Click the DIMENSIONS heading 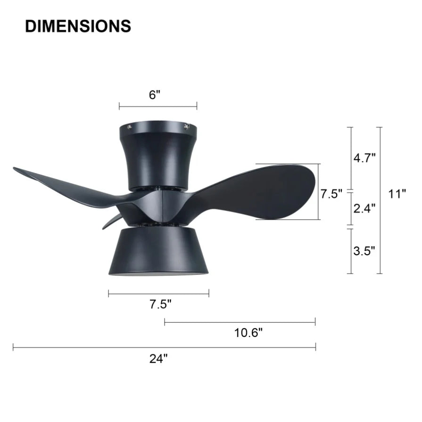(x=78, y=26)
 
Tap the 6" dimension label (x=155, y=95)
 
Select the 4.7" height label (x=364, y=157)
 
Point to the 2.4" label (x=364, y=208)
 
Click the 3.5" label (x=364, y=250)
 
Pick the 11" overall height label (x=397, y=194)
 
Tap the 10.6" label (x=248, y=333)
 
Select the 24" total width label (x=159, y=359)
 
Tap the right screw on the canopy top (x=187, y=126)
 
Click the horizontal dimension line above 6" (x=158, y=106)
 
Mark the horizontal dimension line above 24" (x=164, y=348)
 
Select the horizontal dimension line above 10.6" (x=240, y=322)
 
